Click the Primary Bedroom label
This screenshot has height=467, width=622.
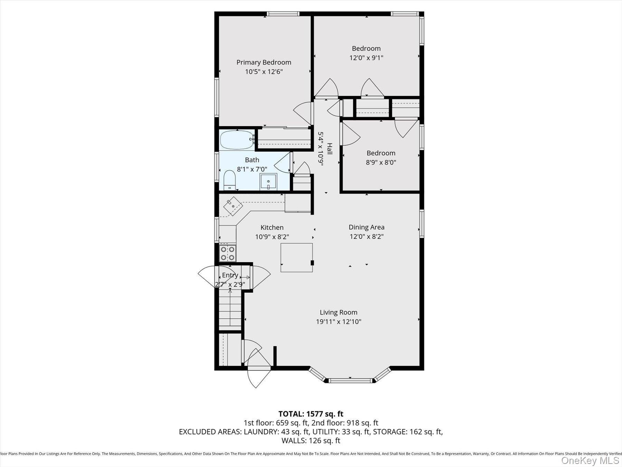[x=264, y=62]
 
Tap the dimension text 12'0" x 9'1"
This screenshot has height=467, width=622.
[x=366, y=58]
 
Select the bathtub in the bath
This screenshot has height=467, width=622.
[x=237, y=140]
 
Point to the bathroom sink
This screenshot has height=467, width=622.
[x=268, y=182]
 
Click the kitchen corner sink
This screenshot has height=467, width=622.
[x=233, y=206]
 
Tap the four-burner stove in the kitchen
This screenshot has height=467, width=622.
[x=228, y=253]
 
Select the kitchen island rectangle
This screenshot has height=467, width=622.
[x=296, y=257]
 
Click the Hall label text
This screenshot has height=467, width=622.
[x=330, y=149]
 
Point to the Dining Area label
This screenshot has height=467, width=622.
[x=366, y=227]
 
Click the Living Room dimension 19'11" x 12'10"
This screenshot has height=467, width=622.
[x=338, y=322]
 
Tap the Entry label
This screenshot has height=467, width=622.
[x=230, y=275]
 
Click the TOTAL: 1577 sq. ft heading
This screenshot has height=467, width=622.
[x=311, y=414]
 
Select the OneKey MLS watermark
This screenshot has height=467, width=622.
[x=590, y=460]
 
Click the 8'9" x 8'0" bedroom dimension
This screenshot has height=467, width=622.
[x=381, y=162]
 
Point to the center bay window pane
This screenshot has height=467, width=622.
[x=350, y=381]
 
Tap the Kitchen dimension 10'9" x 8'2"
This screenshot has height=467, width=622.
[x=272, y=237]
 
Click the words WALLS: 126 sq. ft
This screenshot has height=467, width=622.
[x=311, y=441]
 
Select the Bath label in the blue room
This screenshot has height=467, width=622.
[x=252, y=160]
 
